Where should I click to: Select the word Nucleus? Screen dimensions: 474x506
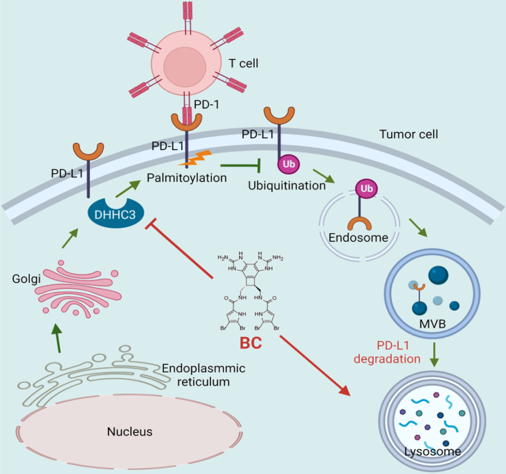130,431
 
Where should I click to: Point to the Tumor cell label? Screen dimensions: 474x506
409,135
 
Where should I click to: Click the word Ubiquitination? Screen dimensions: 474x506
287,185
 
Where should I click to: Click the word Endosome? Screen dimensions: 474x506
358,237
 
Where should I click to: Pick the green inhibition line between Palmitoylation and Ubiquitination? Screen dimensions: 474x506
240,165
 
